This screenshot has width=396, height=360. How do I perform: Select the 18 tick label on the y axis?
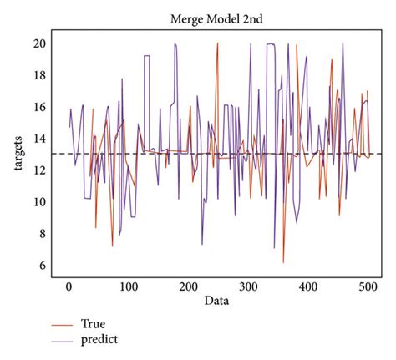tap(38, 75)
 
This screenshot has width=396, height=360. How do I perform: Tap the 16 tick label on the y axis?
tap(38, 107)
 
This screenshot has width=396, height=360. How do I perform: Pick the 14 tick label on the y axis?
tap(38, 139)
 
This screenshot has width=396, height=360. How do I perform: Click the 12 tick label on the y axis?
tap(38, 170)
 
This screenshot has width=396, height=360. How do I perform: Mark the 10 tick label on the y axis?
tap(38, 202)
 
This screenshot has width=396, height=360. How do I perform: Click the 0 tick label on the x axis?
tap(69, 286)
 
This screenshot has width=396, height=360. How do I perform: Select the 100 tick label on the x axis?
tap(129, 286)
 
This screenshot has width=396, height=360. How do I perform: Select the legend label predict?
tap(99, 340)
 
